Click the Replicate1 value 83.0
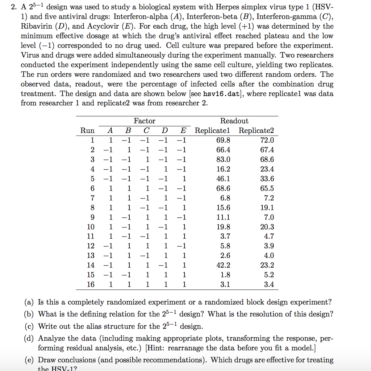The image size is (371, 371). coord(223,160)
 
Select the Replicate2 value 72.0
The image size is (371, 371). coord(267,141)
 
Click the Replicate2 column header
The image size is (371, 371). coord(256,131)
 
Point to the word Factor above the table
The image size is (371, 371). coord(144,121)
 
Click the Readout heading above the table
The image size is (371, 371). coord(234,121)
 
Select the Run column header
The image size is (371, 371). coord(87,131)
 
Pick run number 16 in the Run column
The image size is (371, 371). coord(91,285)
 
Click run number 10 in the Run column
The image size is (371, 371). coord(91,227)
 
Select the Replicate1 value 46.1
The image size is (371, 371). coord(223,179)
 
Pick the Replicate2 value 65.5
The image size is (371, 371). coord(267,189)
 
